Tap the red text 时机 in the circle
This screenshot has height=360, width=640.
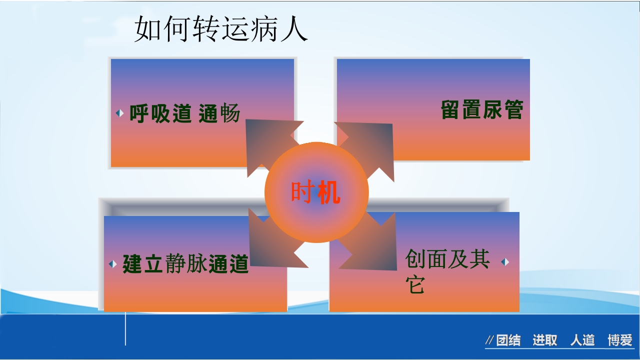(315, 192)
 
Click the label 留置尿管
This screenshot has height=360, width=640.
(482, 110)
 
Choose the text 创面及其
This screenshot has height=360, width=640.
(447, 259)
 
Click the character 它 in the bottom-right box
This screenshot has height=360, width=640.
(414, 285)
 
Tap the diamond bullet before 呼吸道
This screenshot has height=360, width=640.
(119, 113)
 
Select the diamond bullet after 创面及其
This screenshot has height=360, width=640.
(505, 262)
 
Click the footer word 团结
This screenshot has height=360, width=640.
(508, 341)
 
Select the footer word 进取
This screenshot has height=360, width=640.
(544, 340)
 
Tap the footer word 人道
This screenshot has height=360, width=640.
(582, 340)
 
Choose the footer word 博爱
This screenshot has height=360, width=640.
(620, 340)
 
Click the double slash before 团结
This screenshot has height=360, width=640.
(490, 341)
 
